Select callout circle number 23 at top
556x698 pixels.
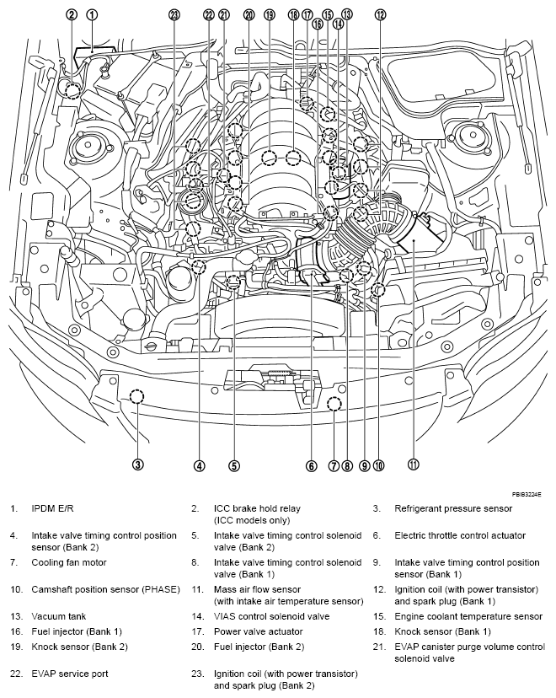pos(174,14)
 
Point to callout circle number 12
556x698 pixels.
pos(381,14)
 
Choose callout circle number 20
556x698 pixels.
pos(249,14)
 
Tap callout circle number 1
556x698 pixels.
pos(92,14)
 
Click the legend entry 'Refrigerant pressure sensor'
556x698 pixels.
pos(453,509)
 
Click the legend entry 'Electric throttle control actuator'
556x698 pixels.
pos(460,535)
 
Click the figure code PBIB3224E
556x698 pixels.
pos(526,493)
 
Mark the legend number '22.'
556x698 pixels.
pos(16,674)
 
